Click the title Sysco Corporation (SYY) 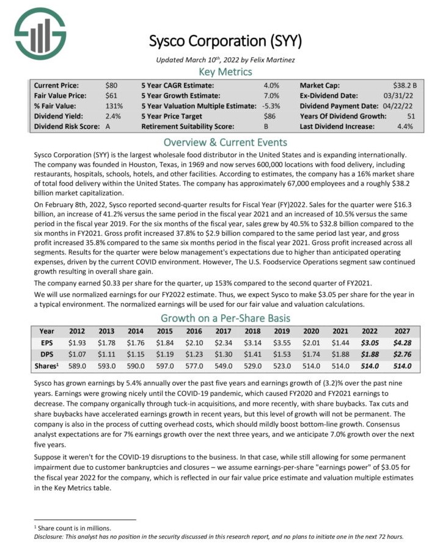click(x=226, y=42)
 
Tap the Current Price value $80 click(x=112, y=86)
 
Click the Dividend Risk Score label click(x=63, y=127)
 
